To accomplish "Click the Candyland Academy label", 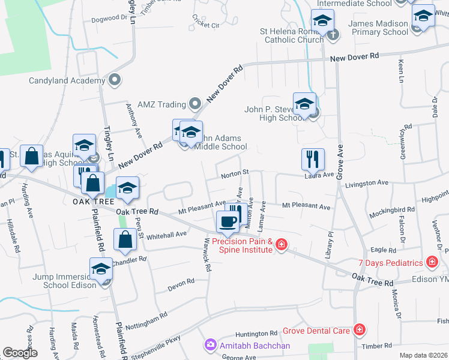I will [x=66, y=80].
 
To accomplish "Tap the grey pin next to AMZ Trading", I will [x=194, y=104].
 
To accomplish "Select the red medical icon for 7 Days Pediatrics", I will [x=431, y=262].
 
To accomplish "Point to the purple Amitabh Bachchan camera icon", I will [x=210, y=345].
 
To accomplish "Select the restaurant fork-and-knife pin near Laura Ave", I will [x=312, y=159].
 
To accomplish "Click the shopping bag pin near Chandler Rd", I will [x=124, y=240].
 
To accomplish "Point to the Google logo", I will [x=20, y=353].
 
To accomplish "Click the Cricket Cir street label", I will [x=206, y=25].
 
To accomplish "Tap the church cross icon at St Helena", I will [x=333, y=34].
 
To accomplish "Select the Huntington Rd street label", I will [x=256, y=333].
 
